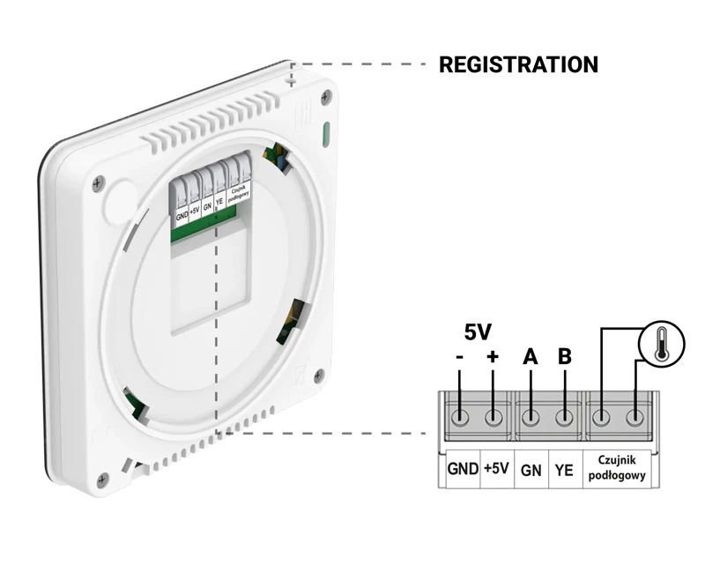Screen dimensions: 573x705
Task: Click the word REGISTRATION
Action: pyautogui.click(x=518, y=64)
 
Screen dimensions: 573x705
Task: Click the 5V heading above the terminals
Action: pyautogui.click(x=477, y=332)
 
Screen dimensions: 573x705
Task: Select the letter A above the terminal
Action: pyautogui.click(x=530, y=357)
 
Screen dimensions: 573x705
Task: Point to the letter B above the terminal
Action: pyautogui.click(x=565, y=357)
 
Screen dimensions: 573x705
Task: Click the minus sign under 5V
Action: pyautogui.click(x=459, y=357)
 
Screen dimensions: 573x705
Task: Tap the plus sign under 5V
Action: pyautogui.click(x=493, y=357)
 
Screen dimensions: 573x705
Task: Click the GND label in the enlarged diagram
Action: pyautogui.click(x=463, y=468)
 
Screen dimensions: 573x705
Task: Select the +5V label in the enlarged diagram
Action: pyautogui.click(x=496, y=468)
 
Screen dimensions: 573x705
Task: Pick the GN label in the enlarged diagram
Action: pyautogui.click(x=531, y=470)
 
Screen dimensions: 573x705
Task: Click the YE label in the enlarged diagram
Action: pyautogui.click(x=565, y=470)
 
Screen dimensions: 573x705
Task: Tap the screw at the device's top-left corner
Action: pyautogui.click(x=98, y=182)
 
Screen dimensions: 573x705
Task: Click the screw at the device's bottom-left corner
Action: pyautogui.click(x=103, y=479)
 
